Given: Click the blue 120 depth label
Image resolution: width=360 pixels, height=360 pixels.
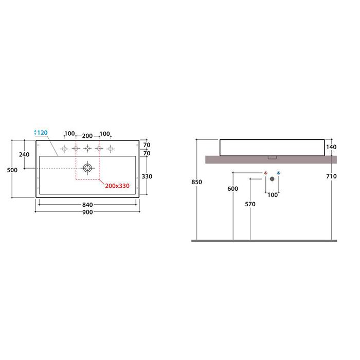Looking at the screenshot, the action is tap(42, 133).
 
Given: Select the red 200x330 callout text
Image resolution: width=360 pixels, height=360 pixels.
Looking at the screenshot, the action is tap(117, 186).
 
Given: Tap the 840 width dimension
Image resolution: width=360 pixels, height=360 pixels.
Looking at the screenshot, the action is tap(87, 205).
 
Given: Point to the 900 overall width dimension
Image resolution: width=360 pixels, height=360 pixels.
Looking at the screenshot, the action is tap(87, 212).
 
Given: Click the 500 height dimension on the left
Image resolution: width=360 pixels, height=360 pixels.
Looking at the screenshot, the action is tap(12, 170).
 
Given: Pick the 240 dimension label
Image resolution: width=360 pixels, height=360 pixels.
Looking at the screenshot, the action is tap(24, 154).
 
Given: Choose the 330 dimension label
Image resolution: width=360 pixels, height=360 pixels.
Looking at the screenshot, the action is tap(147, 176).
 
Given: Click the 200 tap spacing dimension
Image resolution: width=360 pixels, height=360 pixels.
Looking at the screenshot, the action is tap(87, 136).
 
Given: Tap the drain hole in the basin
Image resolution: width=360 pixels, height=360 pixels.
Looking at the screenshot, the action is tap(87, 168).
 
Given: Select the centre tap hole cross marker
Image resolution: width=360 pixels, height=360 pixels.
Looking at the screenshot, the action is tap(87, 149).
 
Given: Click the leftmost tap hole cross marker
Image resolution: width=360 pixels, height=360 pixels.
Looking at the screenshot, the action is tap(64, 149).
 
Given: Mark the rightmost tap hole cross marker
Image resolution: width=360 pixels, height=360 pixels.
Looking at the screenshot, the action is tap(111, 149).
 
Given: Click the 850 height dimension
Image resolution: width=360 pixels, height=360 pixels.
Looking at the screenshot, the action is tap(197, 182).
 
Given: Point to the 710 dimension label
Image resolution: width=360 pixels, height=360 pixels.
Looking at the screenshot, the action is tap(331, 176).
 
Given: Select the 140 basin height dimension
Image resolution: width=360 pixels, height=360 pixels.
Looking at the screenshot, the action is tap(331, 147).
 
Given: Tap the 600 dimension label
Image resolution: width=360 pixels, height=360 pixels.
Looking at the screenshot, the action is tap(233, 189).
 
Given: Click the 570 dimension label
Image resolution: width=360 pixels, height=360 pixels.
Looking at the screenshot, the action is tap(250, 204).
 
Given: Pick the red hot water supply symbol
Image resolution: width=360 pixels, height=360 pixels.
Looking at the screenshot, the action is tap(266, 173).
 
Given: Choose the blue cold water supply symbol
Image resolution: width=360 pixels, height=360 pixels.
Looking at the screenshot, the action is tap(279, 173).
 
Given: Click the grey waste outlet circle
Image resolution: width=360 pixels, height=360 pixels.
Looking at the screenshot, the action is tap(272, 179).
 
